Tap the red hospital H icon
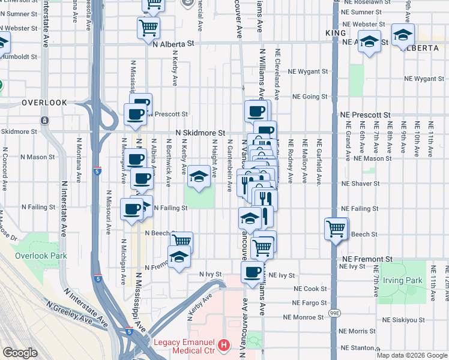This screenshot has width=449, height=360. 224,346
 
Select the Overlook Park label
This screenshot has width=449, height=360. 41,256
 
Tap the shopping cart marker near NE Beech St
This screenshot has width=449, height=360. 336,229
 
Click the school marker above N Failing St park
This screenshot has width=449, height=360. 199,176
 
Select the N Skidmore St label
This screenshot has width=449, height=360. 200,133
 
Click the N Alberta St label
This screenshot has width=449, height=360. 174,44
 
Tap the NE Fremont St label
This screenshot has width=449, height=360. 366,259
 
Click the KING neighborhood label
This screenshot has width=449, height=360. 336,32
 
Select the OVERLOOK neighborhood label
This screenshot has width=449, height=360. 44,103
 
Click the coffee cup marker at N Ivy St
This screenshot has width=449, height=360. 252,272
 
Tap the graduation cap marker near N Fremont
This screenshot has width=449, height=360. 178,258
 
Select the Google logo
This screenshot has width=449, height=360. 20,353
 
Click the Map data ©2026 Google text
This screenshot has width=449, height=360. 412,355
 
